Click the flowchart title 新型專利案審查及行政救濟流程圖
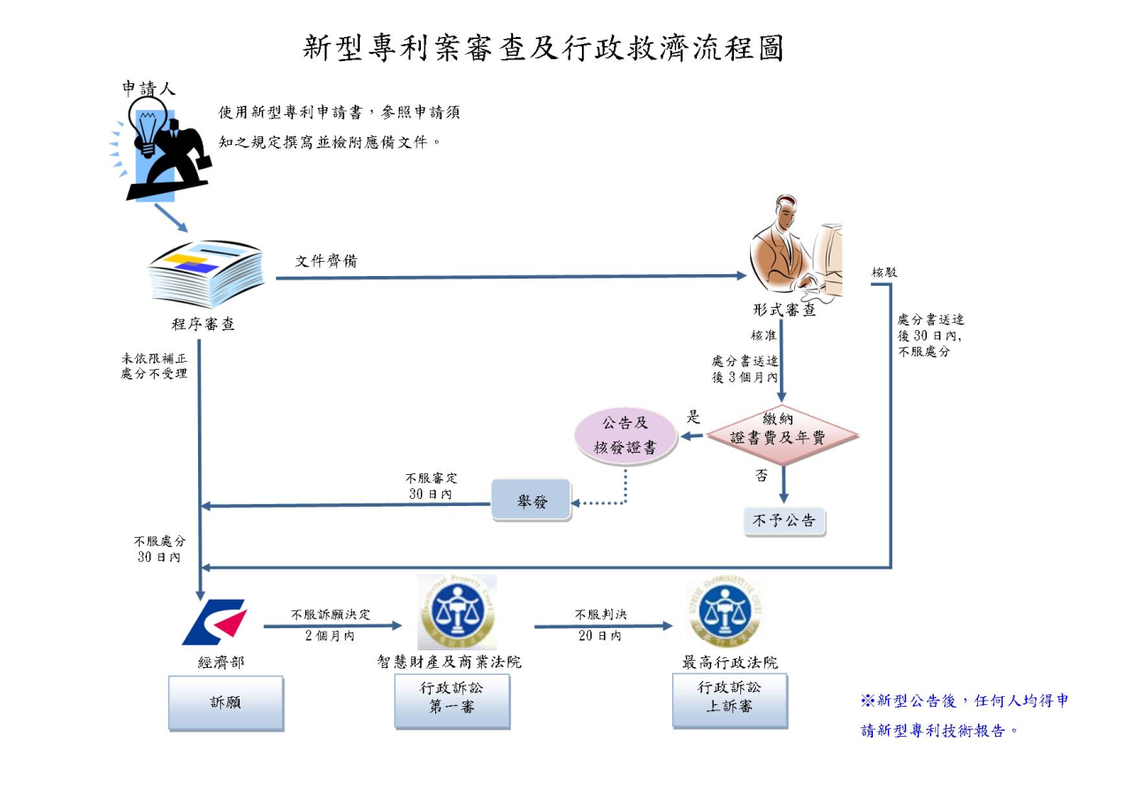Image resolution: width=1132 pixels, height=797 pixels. [x=543, y=48]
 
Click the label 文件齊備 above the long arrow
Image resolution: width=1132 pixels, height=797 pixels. [x=326, y=261]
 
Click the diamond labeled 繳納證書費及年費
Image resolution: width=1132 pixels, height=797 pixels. [x=783, y=429]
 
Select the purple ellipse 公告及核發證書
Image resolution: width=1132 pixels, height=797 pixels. [x=625, y=435]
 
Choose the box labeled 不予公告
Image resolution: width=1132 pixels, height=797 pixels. [x=784, y=521]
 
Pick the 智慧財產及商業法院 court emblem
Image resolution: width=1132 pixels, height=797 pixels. [x=456, y=612]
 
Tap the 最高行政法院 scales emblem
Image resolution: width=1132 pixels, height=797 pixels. [x=725, y=611]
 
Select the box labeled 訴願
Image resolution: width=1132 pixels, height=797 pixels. [x=226, y=703]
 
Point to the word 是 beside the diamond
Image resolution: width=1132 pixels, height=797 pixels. [x=693, y=418]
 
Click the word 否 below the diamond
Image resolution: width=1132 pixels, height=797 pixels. [x=761, y=475]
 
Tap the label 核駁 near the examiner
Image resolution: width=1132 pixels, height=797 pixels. [x=884, y=272]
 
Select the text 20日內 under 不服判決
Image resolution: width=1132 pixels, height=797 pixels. [x=600, y=635]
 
